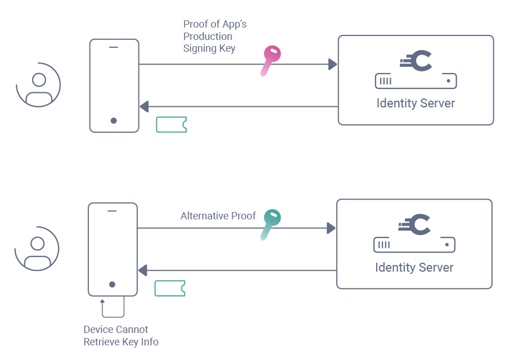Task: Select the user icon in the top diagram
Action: pos(38,85)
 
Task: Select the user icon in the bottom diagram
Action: pos(37,249)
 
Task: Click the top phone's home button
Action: pos(114,120)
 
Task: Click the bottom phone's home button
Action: pos(112,285)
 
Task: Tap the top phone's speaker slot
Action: pos(114,47)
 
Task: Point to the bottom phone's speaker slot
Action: pos(112,211)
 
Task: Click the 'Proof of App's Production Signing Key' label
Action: pos(214,36)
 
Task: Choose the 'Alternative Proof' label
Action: pos(218,216)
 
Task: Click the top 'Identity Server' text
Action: pos(416,103)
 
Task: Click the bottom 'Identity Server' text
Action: pos(414,268)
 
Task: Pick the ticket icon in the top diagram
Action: pos(171,124)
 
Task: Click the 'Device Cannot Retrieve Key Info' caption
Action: pos(121,336)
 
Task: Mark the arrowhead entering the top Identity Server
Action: pos(332,64)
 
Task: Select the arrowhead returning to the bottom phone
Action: pos(143,271)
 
